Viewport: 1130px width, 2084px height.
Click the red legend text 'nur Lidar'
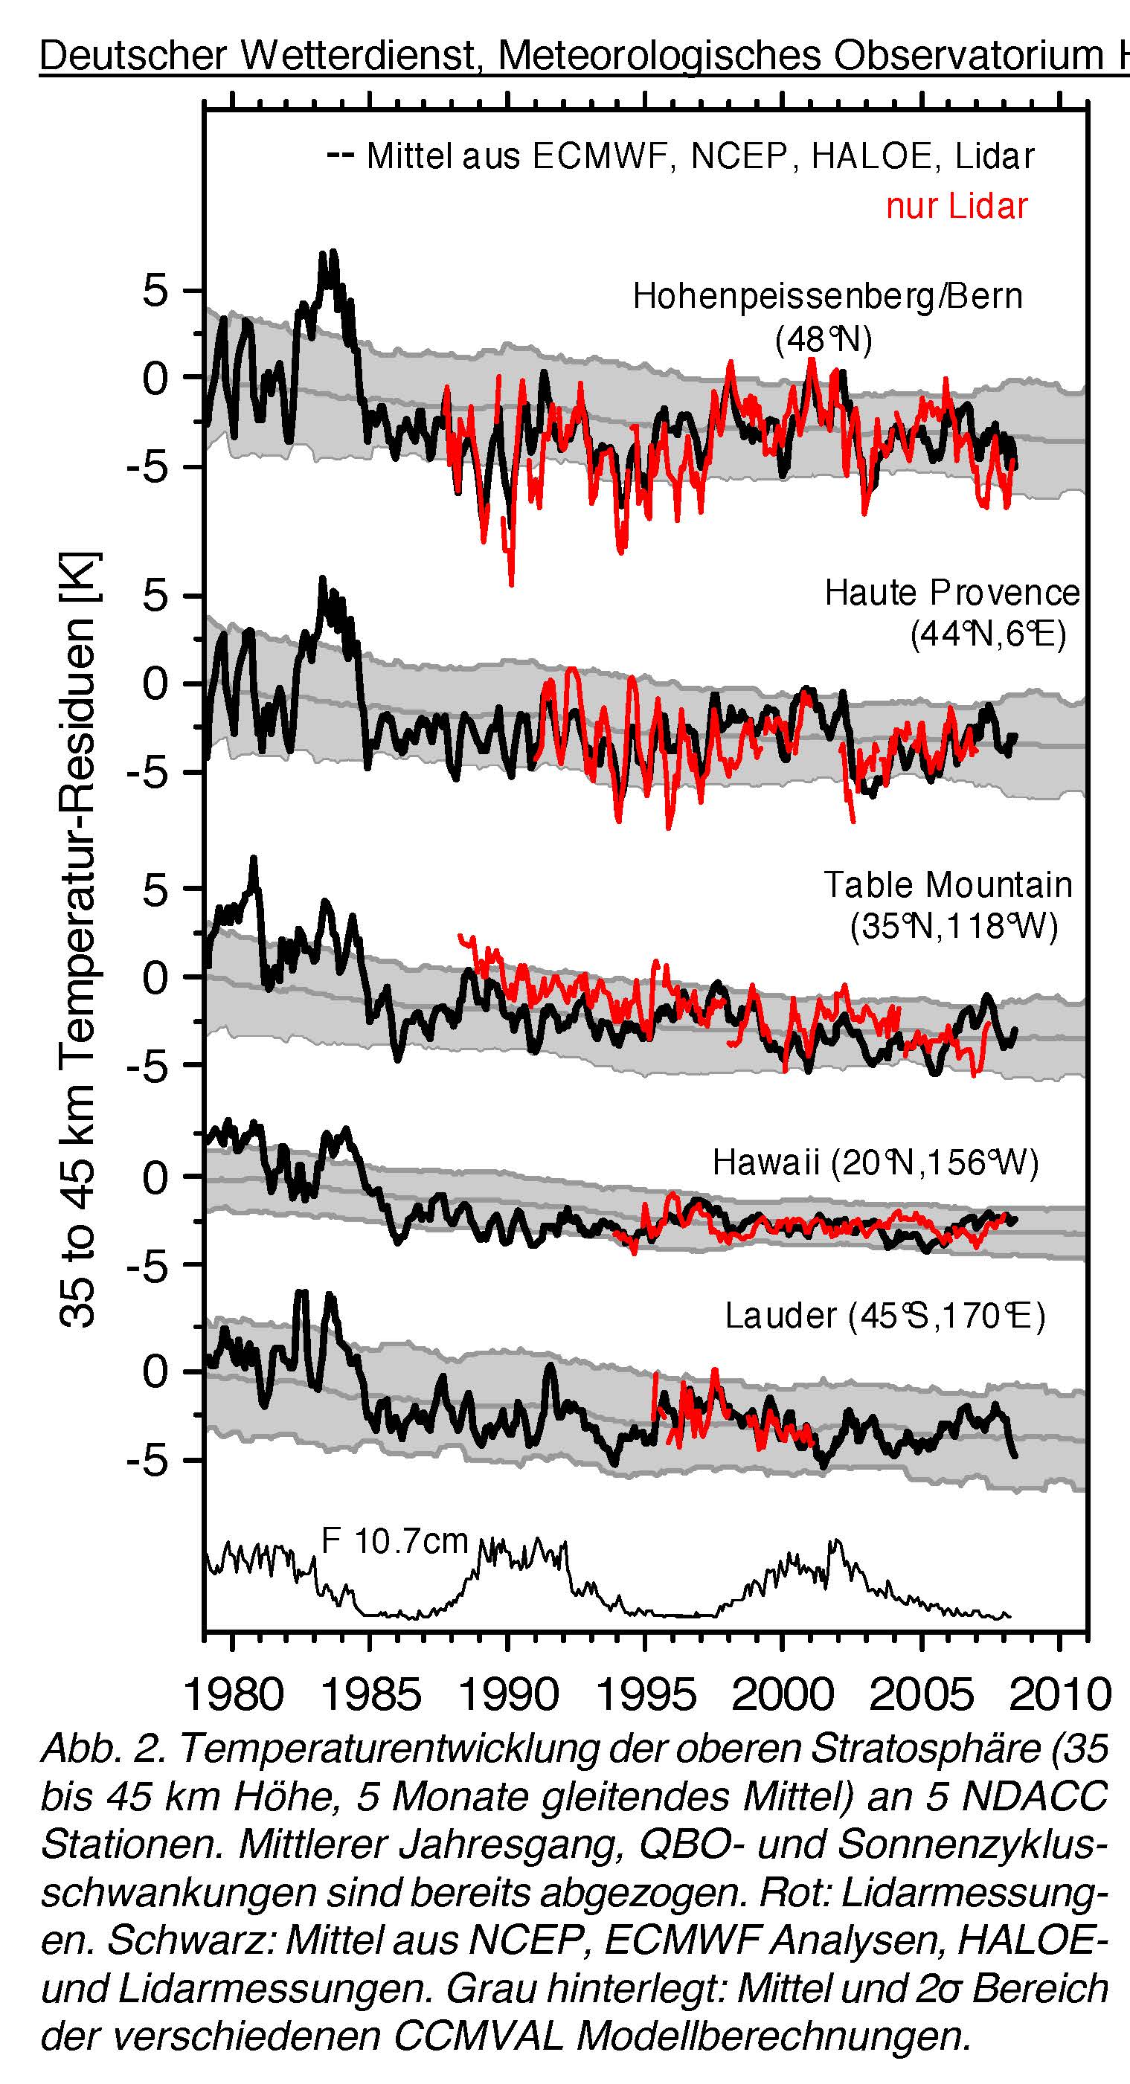tap(956, 206)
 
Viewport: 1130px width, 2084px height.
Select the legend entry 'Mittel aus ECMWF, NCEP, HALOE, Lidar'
tap(699, 156)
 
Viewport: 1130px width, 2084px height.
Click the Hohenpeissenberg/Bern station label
tap(827, 297)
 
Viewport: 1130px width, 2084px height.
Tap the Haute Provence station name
tap(952, 593)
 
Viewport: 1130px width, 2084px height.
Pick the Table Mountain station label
tap(948, 885)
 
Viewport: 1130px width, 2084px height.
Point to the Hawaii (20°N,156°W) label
tap(875, 1162)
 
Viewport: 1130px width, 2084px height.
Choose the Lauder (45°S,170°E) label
tap(885, 1316)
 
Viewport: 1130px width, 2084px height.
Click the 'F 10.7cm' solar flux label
tap(395, 1540)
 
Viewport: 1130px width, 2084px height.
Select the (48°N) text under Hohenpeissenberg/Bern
tap(824, 340)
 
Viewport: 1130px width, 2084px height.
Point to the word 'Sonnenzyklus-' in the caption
tap(972, 1842)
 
